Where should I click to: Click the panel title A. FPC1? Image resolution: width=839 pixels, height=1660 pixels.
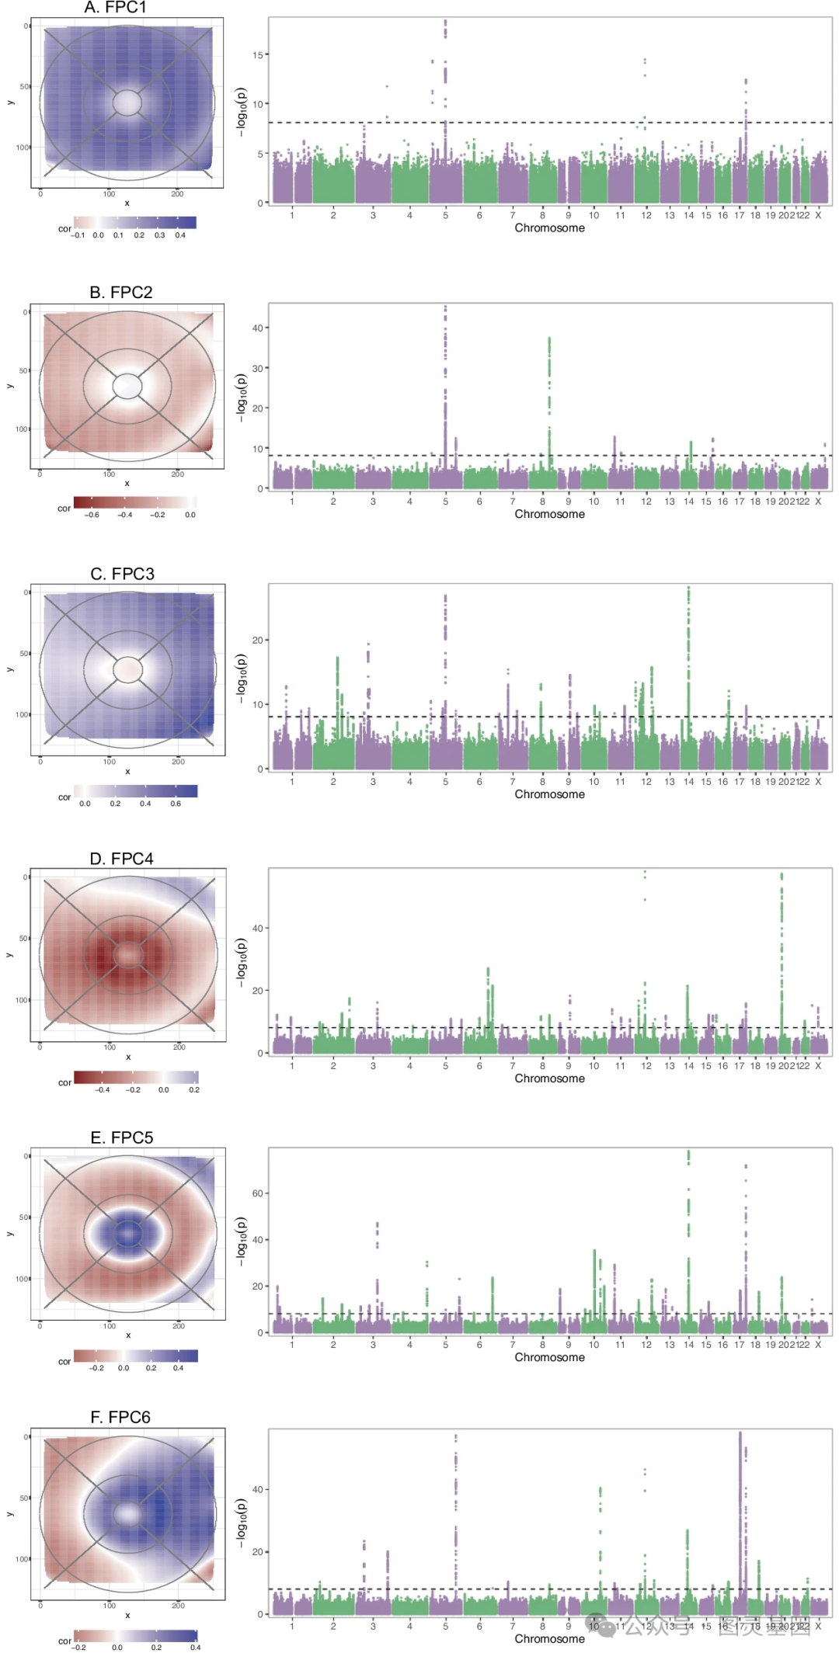(x=115, y=8)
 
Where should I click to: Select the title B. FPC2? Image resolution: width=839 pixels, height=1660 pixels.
(x=120, y=293)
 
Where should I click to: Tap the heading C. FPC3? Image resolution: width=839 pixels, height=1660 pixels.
(x=122, y=574)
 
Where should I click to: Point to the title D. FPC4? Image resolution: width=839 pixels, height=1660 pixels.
(x=121, y=859)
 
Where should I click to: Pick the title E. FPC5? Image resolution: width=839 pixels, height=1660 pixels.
(x=122, y=1137)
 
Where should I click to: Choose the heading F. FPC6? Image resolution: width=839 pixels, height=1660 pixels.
(x=120, y=1417)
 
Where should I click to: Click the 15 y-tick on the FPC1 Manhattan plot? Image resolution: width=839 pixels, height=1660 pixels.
(x=258, y=55)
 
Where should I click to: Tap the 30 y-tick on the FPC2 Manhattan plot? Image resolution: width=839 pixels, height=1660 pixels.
(x=258, y=368)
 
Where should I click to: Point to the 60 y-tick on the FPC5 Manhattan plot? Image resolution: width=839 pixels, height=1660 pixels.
(x=258, y=1193)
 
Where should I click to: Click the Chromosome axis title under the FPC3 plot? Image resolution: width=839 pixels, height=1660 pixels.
(x=549, y=794)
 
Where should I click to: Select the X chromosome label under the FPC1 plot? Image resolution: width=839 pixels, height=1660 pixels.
(x=818, y=216)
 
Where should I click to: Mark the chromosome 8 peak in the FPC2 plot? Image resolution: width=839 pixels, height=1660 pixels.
(x=549, y=388)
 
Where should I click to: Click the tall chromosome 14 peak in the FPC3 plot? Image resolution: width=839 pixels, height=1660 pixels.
(x=688, y=637)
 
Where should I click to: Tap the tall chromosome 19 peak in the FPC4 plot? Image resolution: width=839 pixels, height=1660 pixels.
(x=782, y=932)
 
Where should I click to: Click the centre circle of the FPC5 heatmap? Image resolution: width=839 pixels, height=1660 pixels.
(x=128, y=1233)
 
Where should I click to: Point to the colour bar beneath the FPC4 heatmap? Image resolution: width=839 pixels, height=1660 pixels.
(x=137, y=1077)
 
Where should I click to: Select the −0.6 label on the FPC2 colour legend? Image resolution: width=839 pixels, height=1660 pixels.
(x=92, y=515)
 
